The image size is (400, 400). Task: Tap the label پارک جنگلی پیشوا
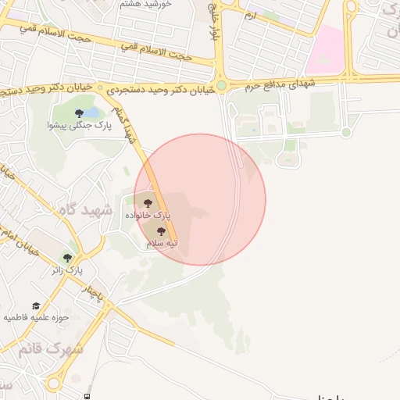74,125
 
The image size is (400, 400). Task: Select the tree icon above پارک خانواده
148,204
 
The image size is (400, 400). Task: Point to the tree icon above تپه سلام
162,231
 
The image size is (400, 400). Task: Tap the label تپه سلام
162,243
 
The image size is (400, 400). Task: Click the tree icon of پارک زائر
67,257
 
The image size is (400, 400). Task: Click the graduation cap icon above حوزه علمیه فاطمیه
36,306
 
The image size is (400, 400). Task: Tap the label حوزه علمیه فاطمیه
36,318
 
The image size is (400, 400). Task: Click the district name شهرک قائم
53,348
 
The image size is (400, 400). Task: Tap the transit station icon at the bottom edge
87,396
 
